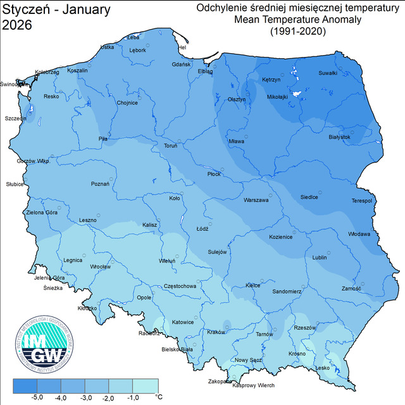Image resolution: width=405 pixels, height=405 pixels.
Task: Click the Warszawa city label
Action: click(x=256, y=201)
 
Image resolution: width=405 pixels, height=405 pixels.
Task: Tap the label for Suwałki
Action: click(x=327, y=73)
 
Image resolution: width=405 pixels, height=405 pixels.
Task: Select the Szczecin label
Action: click(x=16, y=118)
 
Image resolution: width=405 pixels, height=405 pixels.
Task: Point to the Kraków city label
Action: click(x=216, y=332)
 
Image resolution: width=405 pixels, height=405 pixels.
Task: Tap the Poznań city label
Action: click(x=100, y=184)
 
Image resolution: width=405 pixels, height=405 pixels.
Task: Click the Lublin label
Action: click(x=320, y=258)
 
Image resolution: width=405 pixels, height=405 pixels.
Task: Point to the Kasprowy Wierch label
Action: click(x=253, y=385)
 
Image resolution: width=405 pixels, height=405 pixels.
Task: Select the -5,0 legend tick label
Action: click(x=37, y=397)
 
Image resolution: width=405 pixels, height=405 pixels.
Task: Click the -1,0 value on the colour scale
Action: click(x=134, y=397)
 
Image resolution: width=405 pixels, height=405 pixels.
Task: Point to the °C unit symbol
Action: click(x=159, y=397)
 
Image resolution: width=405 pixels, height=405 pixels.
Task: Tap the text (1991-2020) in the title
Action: click(x=297, y=30)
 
